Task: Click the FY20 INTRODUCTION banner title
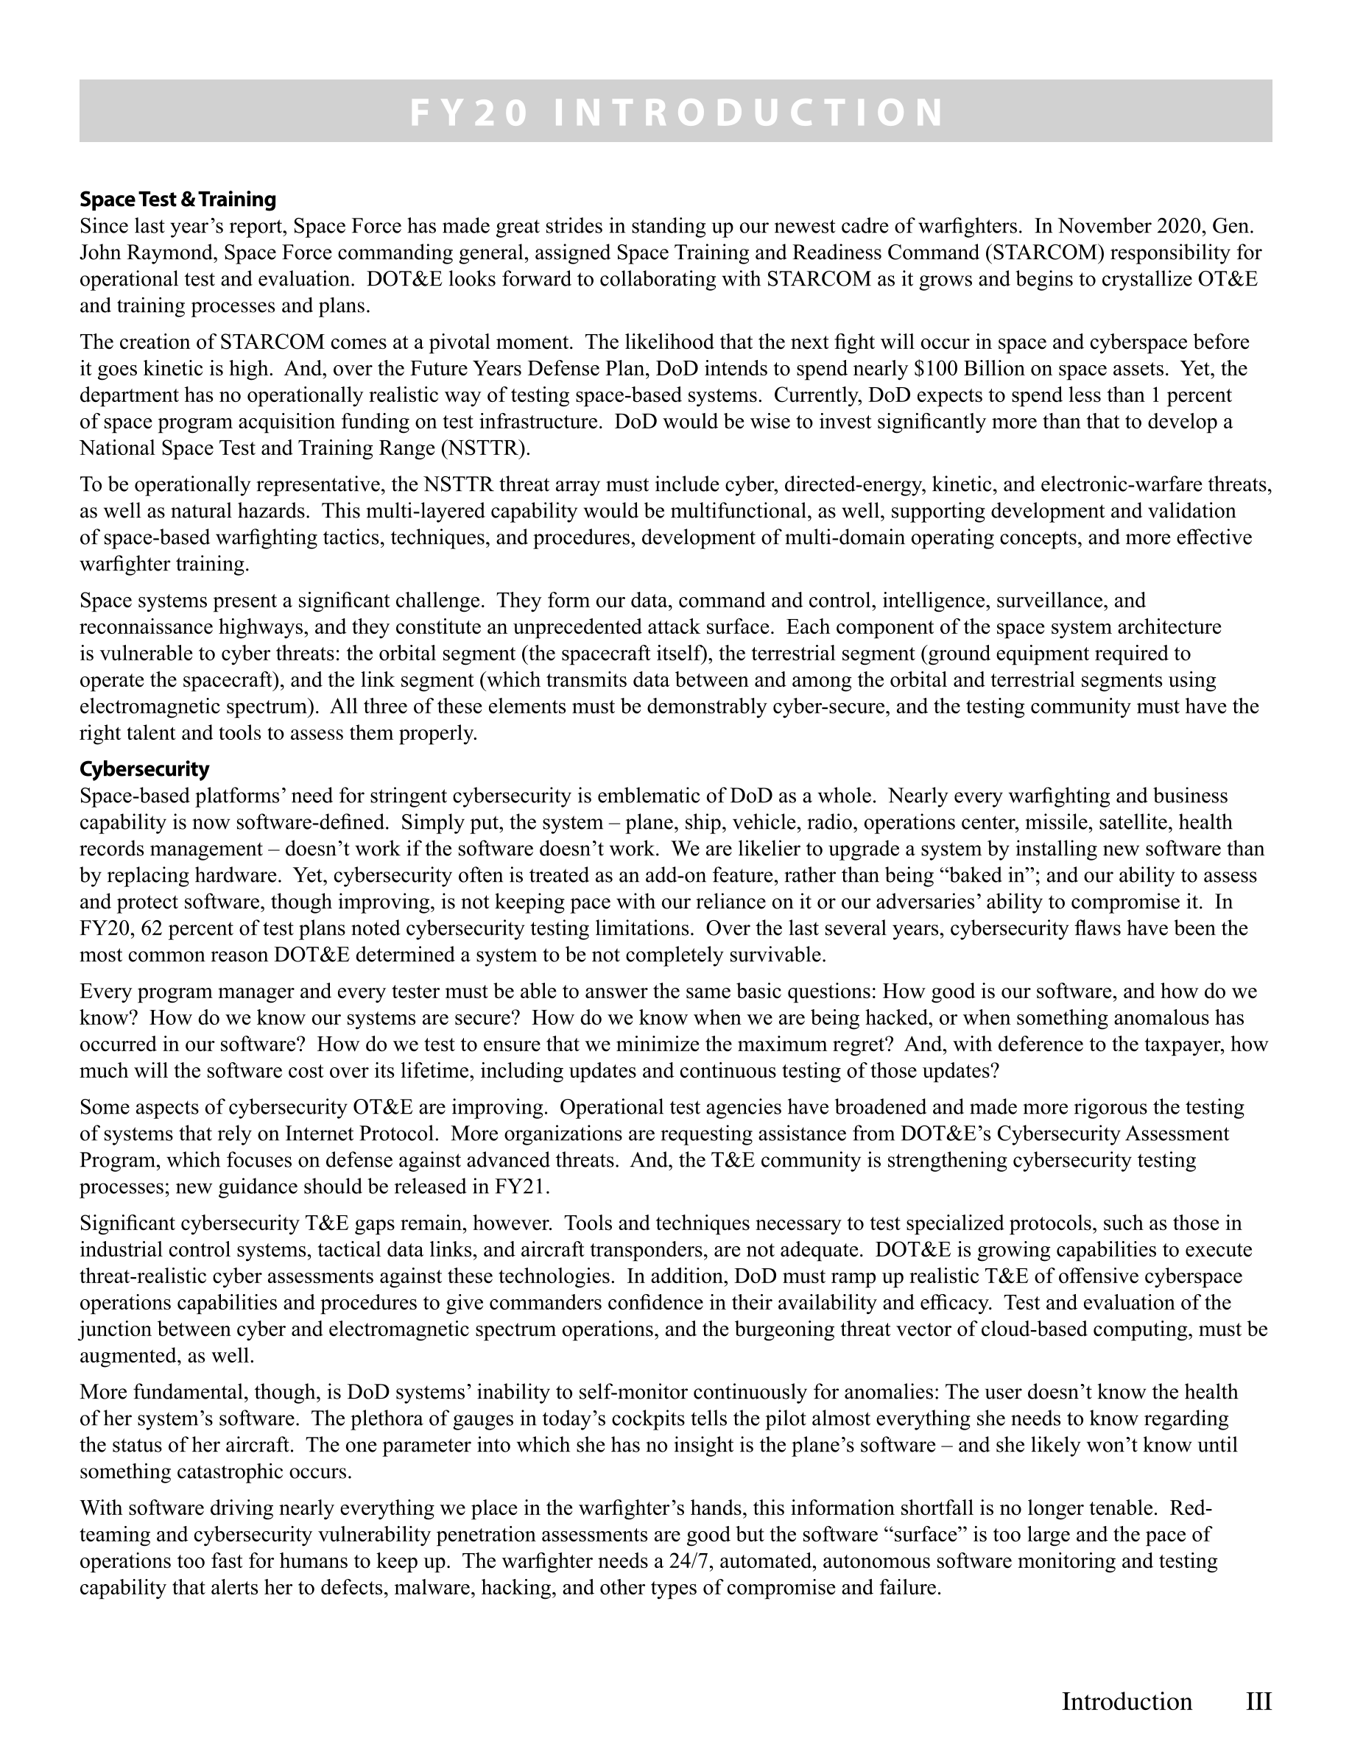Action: click(x=676, y=112)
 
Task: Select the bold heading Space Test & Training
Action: click(x=177, y=199)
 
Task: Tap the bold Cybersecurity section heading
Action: click(x=144, y=769)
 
